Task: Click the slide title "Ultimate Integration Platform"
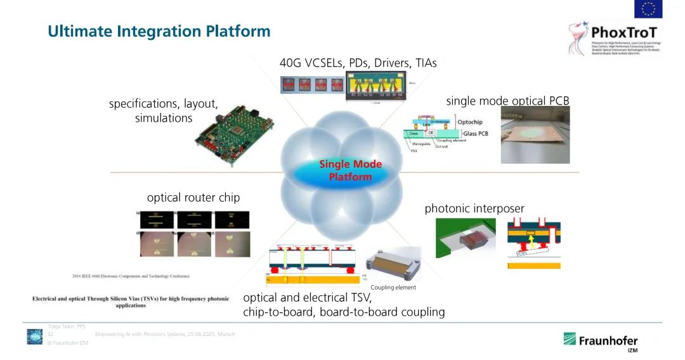tap(159, 31)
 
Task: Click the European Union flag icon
tap(648, 9)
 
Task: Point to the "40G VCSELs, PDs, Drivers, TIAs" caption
tap(358, 63)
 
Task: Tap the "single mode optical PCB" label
tap(507, 101)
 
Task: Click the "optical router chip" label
tap(193, 198)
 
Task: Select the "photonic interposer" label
tap(474, 209)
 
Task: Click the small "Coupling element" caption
tap(393, 287)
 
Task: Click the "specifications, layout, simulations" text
tap(163, 111)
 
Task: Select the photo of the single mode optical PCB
tap(535, 134)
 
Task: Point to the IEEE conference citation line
tap(130, 276)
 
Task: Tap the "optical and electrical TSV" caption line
tap(307, 298)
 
